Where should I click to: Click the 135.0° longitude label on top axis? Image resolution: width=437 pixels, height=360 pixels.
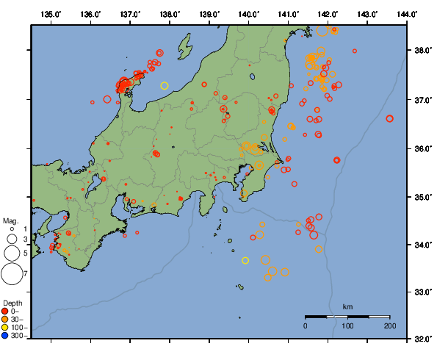(51, 14)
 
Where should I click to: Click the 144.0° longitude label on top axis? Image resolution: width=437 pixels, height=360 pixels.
(408, 14)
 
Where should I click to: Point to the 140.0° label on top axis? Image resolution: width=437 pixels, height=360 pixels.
(249, 14)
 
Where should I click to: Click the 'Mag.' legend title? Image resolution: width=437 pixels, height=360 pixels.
(10, 220)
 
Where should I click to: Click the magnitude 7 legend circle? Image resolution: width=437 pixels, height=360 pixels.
(12, 274)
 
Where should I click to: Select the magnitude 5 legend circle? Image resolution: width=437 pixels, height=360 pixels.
(12, 253)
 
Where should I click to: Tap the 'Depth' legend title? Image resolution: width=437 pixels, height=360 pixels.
(12, 303)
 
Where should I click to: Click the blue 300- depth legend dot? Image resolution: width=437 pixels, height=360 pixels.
(5, 336)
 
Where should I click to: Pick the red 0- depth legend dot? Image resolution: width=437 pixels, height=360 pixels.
(5, 312)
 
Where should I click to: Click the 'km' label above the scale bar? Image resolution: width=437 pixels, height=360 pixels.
(348, 306)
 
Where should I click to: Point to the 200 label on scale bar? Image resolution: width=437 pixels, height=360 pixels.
(389, 325)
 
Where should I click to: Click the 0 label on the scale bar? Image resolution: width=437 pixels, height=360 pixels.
(306, 325)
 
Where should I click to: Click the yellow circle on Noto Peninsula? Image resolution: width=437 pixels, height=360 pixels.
(165, 86)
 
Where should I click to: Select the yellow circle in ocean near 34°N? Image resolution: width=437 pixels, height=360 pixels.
(246, 260)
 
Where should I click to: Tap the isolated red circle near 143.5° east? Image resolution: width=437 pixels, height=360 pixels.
(389, 118)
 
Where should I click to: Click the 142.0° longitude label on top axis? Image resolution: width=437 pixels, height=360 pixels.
(328, 14)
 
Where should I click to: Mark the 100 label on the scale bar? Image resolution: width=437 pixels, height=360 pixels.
(347, 325)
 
